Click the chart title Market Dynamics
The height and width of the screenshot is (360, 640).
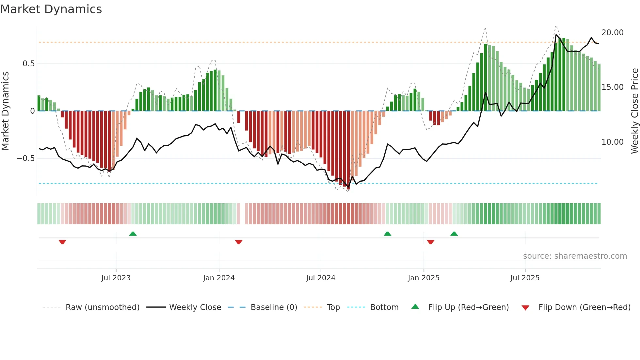(x=51, y=9)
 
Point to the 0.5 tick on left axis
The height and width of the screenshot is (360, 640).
(x=28, y=64)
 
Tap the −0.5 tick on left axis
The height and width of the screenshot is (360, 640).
(x=25, y=158)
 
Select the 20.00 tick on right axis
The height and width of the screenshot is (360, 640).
(x=612, y=33)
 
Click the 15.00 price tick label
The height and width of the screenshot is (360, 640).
(x=612, y=87)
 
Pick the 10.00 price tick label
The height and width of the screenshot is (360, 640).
(x=612, y=142)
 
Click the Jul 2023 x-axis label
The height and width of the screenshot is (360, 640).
(x=116, y=278)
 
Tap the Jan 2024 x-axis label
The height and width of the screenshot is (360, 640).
(x=219, y=278)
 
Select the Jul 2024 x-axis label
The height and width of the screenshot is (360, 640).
(x=321, y=278)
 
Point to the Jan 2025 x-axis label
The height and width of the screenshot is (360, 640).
(x=424, y=278)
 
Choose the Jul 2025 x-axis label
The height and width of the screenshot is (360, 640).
(x=525, y=278)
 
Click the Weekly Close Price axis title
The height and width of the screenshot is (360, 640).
(x=634, y=111)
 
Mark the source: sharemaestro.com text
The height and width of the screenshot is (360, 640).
(x=575, y=256)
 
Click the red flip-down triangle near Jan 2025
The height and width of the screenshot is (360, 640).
(x=430, y=242)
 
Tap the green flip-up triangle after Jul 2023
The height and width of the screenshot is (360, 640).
(x=133, y=234)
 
